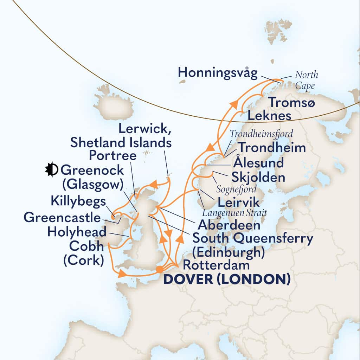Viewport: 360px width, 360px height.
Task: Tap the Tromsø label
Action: [292, 102]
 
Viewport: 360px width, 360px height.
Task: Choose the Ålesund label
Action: [258, 163]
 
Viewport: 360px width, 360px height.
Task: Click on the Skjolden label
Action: [258, 177]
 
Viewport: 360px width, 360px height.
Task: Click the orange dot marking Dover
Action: [159, 270]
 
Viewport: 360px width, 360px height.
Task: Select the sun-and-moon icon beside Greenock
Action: [51, 170]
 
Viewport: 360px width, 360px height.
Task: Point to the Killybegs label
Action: [78, 202]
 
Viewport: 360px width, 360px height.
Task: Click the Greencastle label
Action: [62, 218]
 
